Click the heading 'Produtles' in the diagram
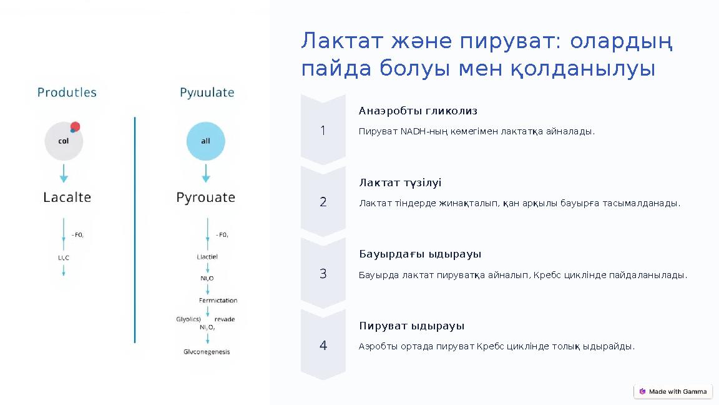pyautogui.click(x=67, y=92)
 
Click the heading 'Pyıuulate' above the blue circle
pyautogui.click(x=207, y=92)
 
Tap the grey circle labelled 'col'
pyautogui.click(x=63, y=141)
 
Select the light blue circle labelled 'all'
pyautogui.click(x=205, y=141)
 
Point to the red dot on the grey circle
pyautogui.click(x=76, y=127)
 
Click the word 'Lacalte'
pyautogui.click(x=67, y=197)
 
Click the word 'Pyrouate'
pyautogui.click(x=205, y=197)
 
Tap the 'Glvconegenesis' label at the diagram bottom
pyautogui.click(x=207, y=352)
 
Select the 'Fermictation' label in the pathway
pyautogui.click(x=218, y=301)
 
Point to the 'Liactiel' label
pyautogui.click(x=207, y=257)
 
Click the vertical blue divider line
pyautogui.click(x=135, y=230)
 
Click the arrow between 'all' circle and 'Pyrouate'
pyautogui.click(x=206, y=172)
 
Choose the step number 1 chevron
pyautogui.click(x=323, y=131)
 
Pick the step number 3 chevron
pyautogui.click(x=323, y=274)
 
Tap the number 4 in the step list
pyautogui.click(x=323, y=346)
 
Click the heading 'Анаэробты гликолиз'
pyautogui.click(x=418, y=111)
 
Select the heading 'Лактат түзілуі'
pyautogui.click(x=400, y=183)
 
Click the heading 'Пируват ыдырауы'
pyautogui.click(x=411, y=326)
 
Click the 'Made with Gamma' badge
pyautogui.click(x=673, y=392)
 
